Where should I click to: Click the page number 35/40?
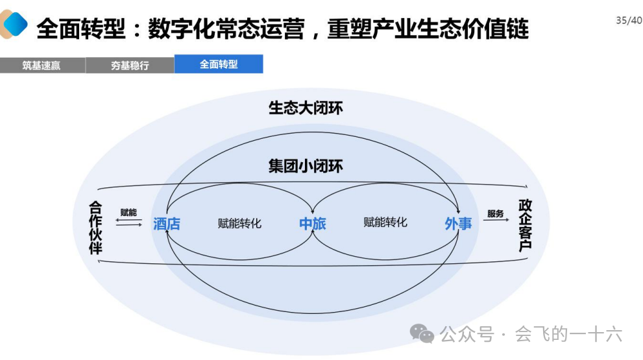(629, 20)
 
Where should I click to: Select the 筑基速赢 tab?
(42, 66)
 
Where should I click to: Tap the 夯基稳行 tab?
(130, 66)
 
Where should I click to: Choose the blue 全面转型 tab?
(219, 64)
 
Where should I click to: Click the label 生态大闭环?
(306, 108)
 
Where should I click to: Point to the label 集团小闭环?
(306, 166)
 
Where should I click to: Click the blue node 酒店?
(167, 224)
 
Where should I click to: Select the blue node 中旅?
(312, 224)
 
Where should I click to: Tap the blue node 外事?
(458, 224)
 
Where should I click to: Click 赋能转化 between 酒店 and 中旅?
(239, 224)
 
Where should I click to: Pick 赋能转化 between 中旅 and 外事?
(385, 222)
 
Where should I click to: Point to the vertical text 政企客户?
(525, 225)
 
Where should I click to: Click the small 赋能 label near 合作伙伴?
(128, 213)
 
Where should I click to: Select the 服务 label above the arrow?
(495, 213)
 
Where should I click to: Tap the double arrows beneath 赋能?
(128, 222)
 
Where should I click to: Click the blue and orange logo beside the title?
(14, 24)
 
